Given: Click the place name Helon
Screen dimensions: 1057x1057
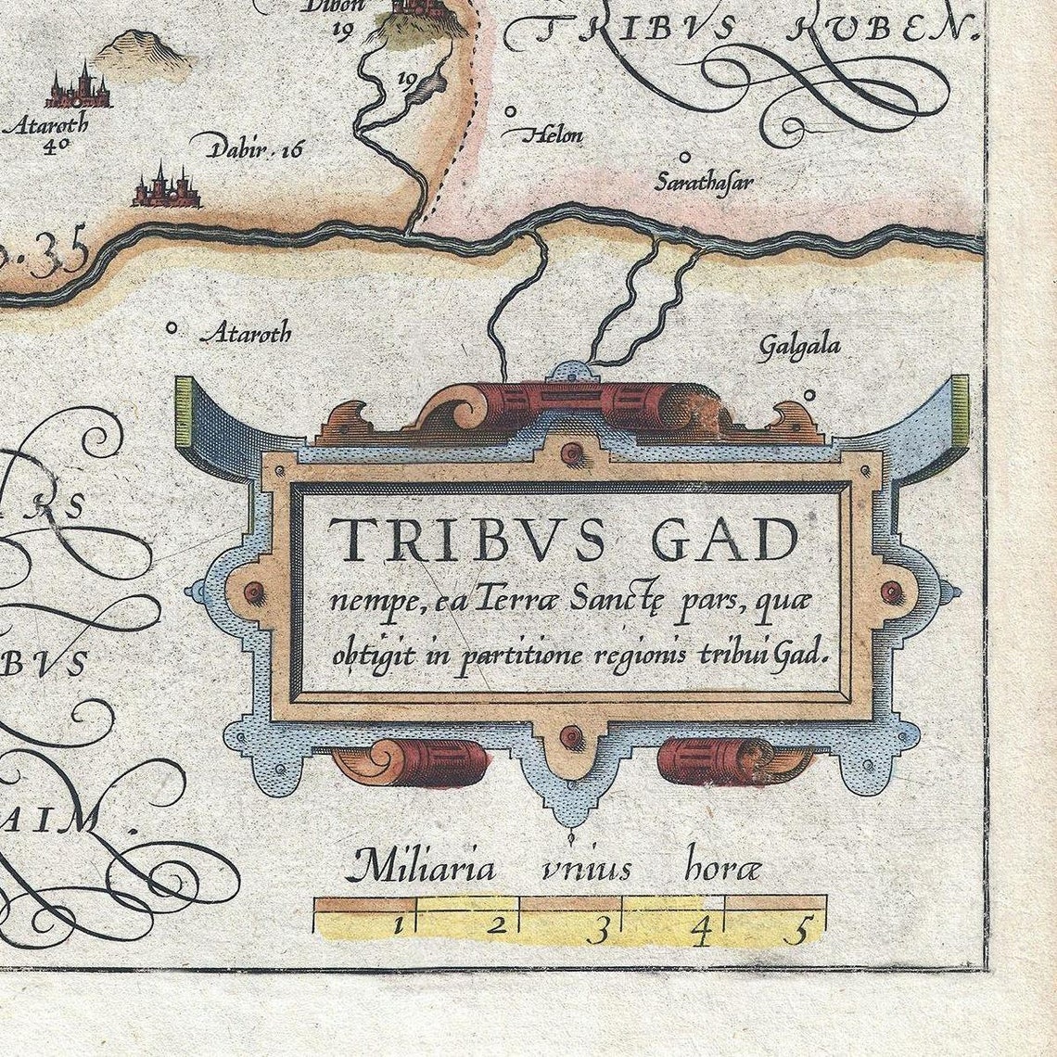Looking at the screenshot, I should pos(554,135).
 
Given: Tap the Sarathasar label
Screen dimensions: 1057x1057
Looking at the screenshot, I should pos(703,181).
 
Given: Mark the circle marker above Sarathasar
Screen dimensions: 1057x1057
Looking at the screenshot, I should pos(685,158).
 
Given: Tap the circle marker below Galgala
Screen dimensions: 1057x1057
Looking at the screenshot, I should pos(809,395).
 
